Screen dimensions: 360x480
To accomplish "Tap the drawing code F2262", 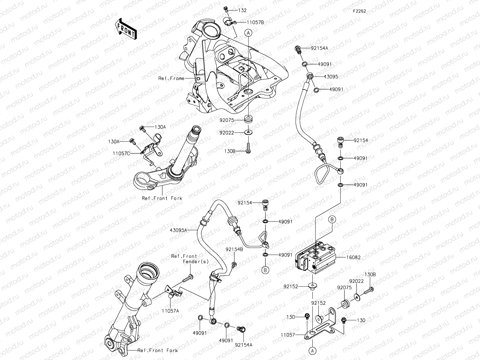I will tap(359, 11).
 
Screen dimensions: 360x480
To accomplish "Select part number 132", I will tap(242, 10).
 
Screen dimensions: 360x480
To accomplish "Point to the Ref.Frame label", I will tap(171, 78).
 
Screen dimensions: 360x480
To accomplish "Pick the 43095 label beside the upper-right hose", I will tap(331, 77).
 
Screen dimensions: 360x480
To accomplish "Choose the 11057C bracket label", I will tap(121, 153).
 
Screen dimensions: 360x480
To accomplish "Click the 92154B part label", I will tap(234, 250).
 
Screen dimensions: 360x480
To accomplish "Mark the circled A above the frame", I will tap(248, 32).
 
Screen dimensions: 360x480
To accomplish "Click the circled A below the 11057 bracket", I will tap(312, 350).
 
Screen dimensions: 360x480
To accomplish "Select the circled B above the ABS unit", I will tap(332, 219).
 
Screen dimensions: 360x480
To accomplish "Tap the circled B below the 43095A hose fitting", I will tap(265, 270).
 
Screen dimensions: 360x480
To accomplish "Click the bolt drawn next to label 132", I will tap(226, 8).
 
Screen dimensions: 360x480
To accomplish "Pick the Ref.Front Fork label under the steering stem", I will tap(162, 198).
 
